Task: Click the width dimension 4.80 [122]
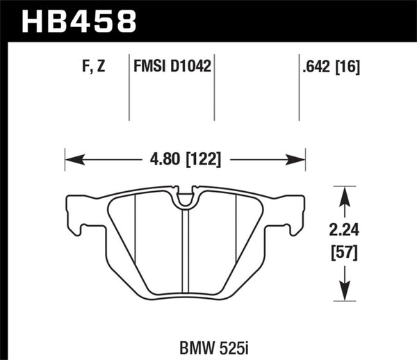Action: point(186,160)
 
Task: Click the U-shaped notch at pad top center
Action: point(186,200)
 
